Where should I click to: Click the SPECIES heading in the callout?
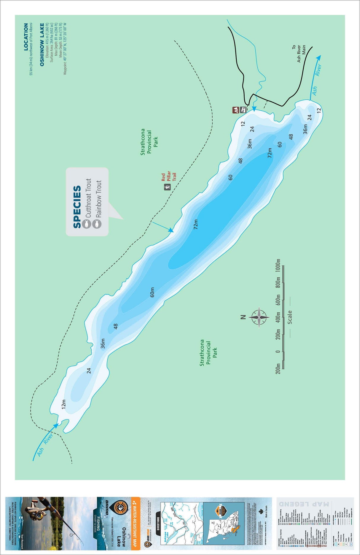pyautogui.click(x=77, y=207)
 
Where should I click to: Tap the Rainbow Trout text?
pyautogui.click(x=98, y=199)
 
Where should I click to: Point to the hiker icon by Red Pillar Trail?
pyautogui.click(x=168, y=187)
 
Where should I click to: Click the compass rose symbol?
pyautogui.click(x=259, y=317)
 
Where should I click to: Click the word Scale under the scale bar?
pyautogui.click(x=290, y=317)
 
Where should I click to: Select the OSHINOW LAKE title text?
pyautogui.click(x=42, y=44)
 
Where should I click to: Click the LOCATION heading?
pyautogui.click(x=26, y=36)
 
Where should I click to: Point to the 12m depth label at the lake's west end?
pyautogui.click(x=63, y=404)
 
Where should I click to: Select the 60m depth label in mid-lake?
pyautogui.click(x=152, y=292)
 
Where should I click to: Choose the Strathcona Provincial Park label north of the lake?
pyautogui.click(x=149, y=142)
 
